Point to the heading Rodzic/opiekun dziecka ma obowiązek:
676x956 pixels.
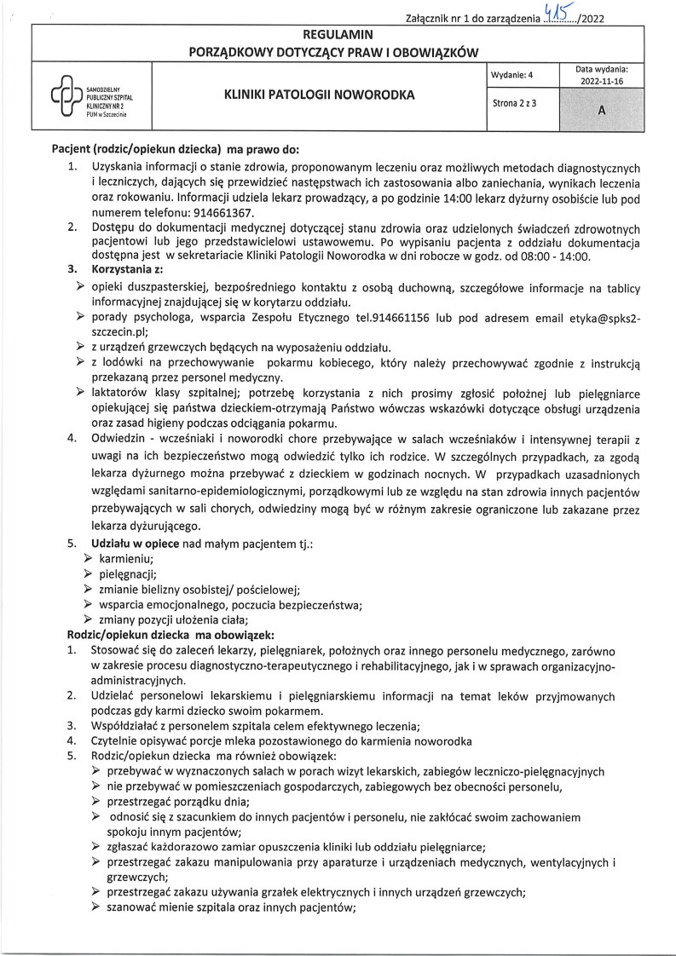[x=170, y=635]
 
